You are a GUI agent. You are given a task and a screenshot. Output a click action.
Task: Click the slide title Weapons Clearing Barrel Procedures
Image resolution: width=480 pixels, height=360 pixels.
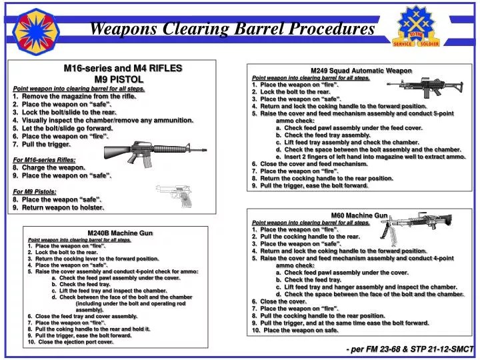tap(231, 29)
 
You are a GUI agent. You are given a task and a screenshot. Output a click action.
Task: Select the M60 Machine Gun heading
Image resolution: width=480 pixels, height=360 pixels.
tap(359, 215)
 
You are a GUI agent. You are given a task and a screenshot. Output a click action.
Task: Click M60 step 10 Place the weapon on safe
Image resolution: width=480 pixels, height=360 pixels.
tap(295, 330)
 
